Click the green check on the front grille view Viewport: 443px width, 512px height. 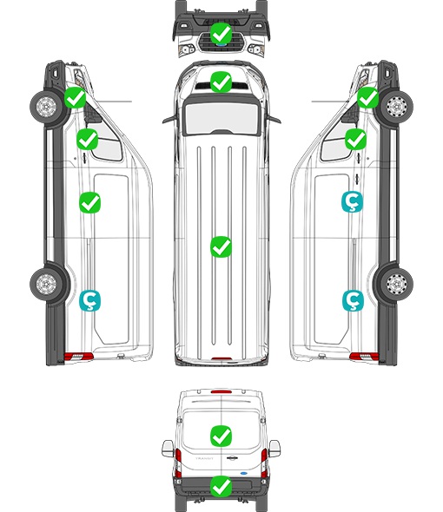221,33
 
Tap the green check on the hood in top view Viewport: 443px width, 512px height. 221,82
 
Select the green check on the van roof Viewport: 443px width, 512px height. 221,246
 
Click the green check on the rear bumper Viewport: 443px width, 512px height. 221,487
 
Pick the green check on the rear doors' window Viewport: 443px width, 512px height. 221,436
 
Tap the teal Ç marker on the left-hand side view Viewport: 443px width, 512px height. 90,300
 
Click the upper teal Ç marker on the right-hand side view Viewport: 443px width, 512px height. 352,202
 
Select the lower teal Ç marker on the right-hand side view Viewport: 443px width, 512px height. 353,300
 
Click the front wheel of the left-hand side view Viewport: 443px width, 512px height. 46,107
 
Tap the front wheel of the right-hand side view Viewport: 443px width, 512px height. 397,107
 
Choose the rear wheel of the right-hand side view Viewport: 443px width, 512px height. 397,284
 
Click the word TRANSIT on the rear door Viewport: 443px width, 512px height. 204,458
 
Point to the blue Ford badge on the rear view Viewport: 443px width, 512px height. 243,472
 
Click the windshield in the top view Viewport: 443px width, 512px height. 221,117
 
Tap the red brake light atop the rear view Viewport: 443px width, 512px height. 221,391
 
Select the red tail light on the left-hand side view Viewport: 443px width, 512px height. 78,357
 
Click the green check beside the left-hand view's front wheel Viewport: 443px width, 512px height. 75,98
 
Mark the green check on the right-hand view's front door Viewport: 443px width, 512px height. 355,140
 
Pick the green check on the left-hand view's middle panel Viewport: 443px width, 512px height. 90,202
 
